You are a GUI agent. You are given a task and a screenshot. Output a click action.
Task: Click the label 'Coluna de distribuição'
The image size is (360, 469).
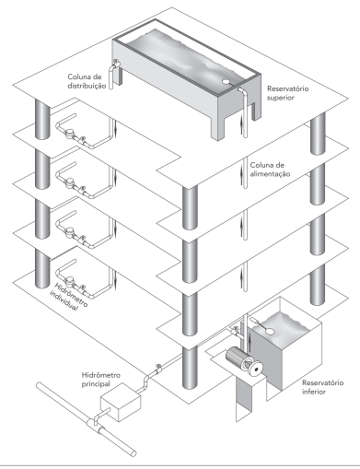click(87, 81)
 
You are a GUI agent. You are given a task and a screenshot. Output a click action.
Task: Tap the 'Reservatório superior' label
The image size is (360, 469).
click(287, 93)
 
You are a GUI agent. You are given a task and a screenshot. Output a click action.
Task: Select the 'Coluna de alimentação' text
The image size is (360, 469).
click(270, 170)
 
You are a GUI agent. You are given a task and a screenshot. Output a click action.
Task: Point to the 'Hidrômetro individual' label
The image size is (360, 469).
click(68, 297)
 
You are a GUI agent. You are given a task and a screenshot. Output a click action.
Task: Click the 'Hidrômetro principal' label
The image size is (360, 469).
click(101, 380)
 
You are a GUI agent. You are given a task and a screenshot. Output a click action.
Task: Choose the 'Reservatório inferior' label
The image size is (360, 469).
click(322, 387)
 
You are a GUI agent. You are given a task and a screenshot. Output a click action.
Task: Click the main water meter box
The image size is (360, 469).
click(121, 402)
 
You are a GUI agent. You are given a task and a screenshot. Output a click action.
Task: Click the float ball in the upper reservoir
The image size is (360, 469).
click(226, 82)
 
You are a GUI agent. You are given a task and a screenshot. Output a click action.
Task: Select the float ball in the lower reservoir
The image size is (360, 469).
click(270, 332)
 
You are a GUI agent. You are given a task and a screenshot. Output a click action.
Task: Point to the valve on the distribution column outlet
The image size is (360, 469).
click(116, 63)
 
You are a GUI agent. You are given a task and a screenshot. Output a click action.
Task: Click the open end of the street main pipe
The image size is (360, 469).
click(134, 453)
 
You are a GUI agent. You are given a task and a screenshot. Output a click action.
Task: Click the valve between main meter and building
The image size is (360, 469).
click(158, 368)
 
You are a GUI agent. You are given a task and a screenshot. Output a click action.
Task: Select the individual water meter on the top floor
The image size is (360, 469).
click(70, 133)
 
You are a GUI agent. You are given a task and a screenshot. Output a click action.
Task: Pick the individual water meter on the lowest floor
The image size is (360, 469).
click(70, 280)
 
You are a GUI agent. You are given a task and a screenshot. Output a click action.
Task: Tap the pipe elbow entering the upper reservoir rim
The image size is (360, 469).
click(241, 90)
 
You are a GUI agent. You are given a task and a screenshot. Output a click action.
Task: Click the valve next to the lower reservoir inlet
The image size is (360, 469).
click(236, 330)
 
